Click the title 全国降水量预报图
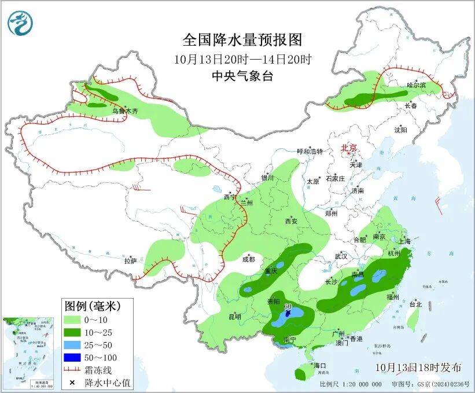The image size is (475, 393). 242,39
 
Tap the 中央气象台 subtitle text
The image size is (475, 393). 242,75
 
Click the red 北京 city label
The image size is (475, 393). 350,148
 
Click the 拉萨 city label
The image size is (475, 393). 130,261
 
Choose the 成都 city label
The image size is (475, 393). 248,260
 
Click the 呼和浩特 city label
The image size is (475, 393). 310,151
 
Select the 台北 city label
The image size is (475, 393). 415,303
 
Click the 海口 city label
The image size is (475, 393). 320,366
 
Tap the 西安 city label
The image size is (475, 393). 291,221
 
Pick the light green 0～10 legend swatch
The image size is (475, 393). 72,319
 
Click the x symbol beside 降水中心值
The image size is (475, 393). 72,383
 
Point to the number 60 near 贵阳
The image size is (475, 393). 288,306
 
